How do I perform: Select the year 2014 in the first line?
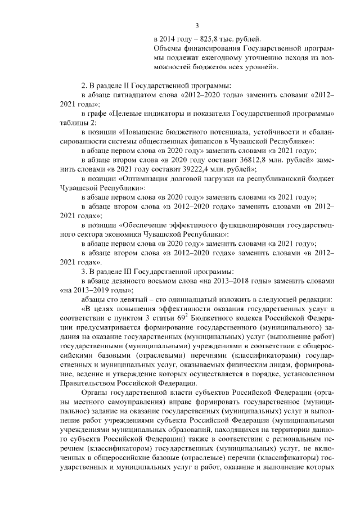click(169, 39)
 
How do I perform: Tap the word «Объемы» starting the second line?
click(167, 49)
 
